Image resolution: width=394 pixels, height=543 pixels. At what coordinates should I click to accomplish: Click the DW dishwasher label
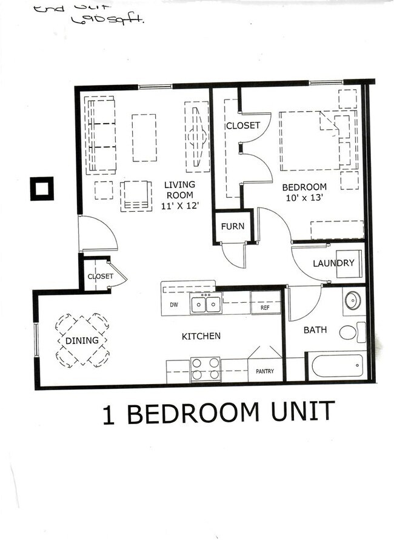[x=173, y=305]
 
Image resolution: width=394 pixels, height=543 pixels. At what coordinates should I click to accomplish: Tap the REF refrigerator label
[x=265, y=308]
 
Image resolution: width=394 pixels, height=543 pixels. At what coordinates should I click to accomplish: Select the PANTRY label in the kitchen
[x=265, y=371]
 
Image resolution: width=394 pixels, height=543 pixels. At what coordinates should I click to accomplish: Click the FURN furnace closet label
[x=232, y=226]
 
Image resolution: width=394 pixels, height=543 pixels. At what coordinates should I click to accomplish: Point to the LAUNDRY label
[x=333, y=263]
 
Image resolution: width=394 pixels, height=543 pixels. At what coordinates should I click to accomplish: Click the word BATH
[x=315, y=330]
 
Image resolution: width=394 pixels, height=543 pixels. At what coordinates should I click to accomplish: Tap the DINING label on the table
[x=82, y=340]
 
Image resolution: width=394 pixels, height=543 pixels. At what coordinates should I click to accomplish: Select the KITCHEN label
[x=201, y=336]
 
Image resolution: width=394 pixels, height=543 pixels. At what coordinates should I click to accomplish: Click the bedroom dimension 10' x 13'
[x=306, y=198]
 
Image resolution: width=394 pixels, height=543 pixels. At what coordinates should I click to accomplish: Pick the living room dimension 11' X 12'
[x=180, y=206]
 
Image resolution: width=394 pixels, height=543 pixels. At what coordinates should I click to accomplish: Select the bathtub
[x=336, y=366]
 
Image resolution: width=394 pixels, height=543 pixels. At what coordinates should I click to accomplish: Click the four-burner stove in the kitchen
[x=205, y=368]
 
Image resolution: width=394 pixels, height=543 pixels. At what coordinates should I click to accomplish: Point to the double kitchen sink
[x=206, y=303]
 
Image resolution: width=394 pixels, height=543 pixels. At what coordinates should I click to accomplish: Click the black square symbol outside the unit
[x=42, y=189]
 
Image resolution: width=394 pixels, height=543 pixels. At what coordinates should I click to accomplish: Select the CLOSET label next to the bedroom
[x=242, y=126]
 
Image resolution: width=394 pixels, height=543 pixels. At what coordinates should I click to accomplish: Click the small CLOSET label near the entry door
[x=100, y=277]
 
